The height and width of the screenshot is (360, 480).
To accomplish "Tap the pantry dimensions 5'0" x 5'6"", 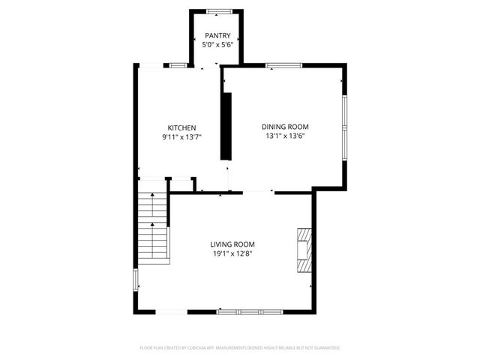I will pyautogui.click(x=217, y=45).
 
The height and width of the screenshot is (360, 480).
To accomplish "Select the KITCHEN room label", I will pyautogui.click(x=181, y=127).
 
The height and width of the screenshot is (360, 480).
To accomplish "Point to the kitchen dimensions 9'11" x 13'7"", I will pyautogui.click(x=181, y=137).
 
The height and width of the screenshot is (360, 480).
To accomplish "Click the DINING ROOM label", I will pyautogui.click(x=284, y=127).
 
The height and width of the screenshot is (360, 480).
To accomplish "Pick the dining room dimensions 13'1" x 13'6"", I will pyautogui.click(x=284, y=136).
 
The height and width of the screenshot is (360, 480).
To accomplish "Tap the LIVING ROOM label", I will pyautogui.click(x=232, y=244).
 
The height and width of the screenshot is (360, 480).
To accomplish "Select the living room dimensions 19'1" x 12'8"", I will pyautogui.click(x=232, y=253).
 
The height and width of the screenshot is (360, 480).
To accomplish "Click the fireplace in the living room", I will pyautogui.click(x=302, y=251).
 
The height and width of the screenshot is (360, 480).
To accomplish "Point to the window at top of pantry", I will pyautogui.click(x=218, y=10).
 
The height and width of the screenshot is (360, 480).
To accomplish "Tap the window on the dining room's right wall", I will pyautogui.click(x=344, y=127).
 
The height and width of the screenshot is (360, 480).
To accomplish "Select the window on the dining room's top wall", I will pyautogui.click(x=284, y=67).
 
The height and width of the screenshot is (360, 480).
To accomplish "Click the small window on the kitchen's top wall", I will pyautogui.click(x=178, y=67).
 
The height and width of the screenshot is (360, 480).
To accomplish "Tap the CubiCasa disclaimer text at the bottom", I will pyautogui.click(x=240, y=348).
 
